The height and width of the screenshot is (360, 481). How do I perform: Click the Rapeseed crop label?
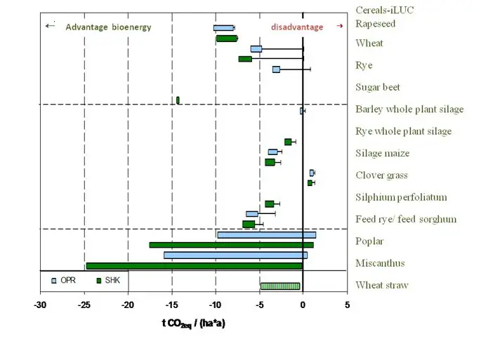pos(375,24)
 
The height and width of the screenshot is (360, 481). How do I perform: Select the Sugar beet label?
pos(378,87)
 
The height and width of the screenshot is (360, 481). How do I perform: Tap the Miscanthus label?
pos(380,263)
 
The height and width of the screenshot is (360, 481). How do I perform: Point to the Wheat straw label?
pos(381,285)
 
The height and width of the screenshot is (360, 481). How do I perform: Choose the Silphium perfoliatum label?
pos(401,197)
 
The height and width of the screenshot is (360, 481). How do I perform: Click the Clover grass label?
pos(381,175)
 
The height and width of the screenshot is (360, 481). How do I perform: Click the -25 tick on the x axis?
pos(84,305)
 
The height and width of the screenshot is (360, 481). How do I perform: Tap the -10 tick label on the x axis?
pos(216,305)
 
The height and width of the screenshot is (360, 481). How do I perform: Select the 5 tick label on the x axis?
pos(347,305)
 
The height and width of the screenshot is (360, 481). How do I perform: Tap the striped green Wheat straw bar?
pos(280,286)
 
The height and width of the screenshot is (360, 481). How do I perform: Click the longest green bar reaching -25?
pos(194,266)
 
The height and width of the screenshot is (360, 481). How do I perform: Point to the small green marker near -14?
pos(178,100)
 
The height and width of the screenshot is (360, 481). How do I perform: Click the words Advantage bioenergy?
pos(108,27)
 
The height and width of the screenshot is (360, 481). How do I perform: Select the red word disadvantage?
pos(297,27)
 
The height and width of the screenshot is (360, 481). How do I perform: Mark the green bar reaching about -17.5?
pos(231,245)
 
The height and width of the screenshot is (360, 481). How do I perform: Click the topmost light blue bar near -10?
pos(224,28)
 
